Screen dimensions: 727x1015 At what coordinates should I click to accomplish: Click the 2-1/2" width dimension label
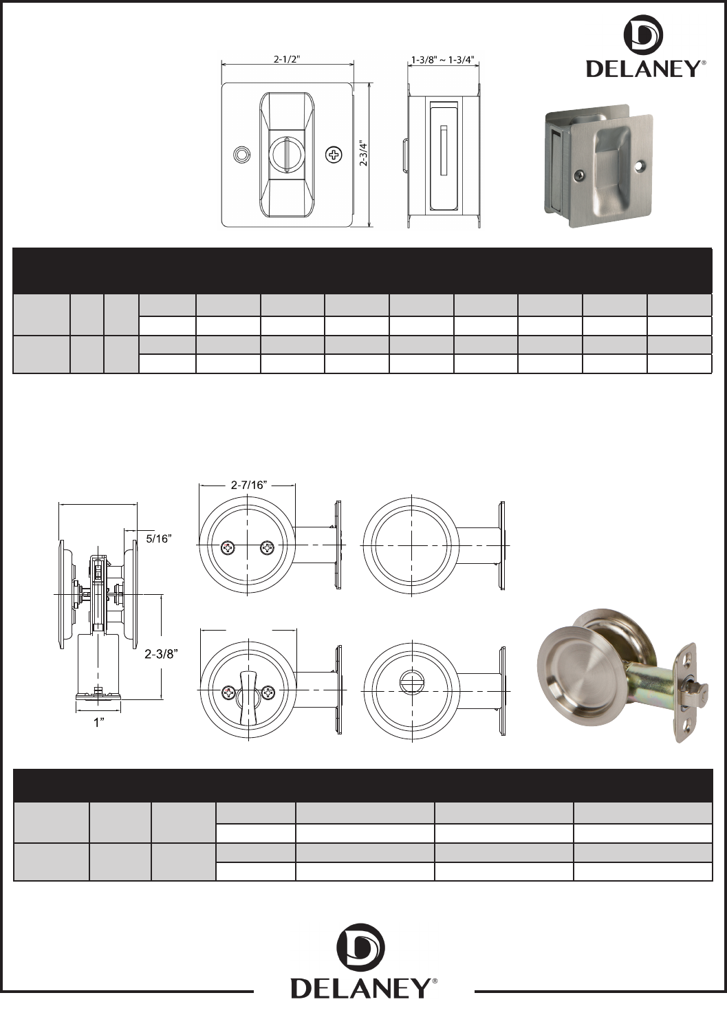pyautogui.click(x=287, y=59)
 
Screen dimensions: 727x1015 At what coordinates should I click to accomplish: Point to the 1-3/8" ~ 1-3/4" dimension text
pyautogui.click(x=442, y=59)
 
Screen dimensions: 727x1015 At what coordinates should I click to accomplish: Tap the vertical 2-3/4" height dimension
pyautogui.click(x=363, y=154)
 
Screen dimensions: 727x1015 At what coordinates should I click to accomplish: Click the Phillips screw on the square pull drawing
pyautogui.click(x=333, y=155)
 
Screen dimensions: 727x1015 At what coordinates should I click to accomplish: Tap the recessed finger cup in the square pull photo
pyautogui.click(x=611, y=151)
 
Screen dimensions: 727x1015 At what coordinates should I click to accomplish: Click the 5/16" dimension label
pyautogui.click(x=159, y=538)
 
